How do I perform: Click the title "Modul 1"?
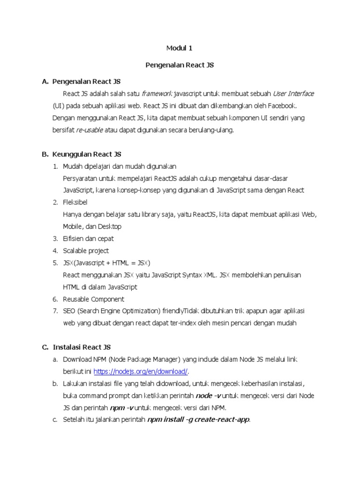click(x=180, y=48)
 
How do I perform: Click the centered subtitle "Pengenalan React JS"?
click(x=180, y=65)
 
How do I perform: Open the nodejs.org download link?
click(x=141, y=372)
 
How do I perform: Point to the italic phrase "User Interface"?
click(x=293, y=94)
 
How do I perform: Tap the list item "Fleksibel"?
click(x=75, y=202)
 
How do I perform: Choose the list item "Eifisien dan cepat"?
click(x=88, y=239)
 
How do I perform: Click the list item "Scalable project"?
click(x=86, y=251)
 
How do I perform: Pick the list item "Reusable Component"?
click(x=94, y=299)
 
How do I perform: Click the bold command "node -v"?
click(x=210, y=396)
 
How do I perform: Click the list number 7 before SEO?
click(x=55, y=311)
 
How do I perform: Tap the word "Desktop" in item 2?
click(x=109, y=227)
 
